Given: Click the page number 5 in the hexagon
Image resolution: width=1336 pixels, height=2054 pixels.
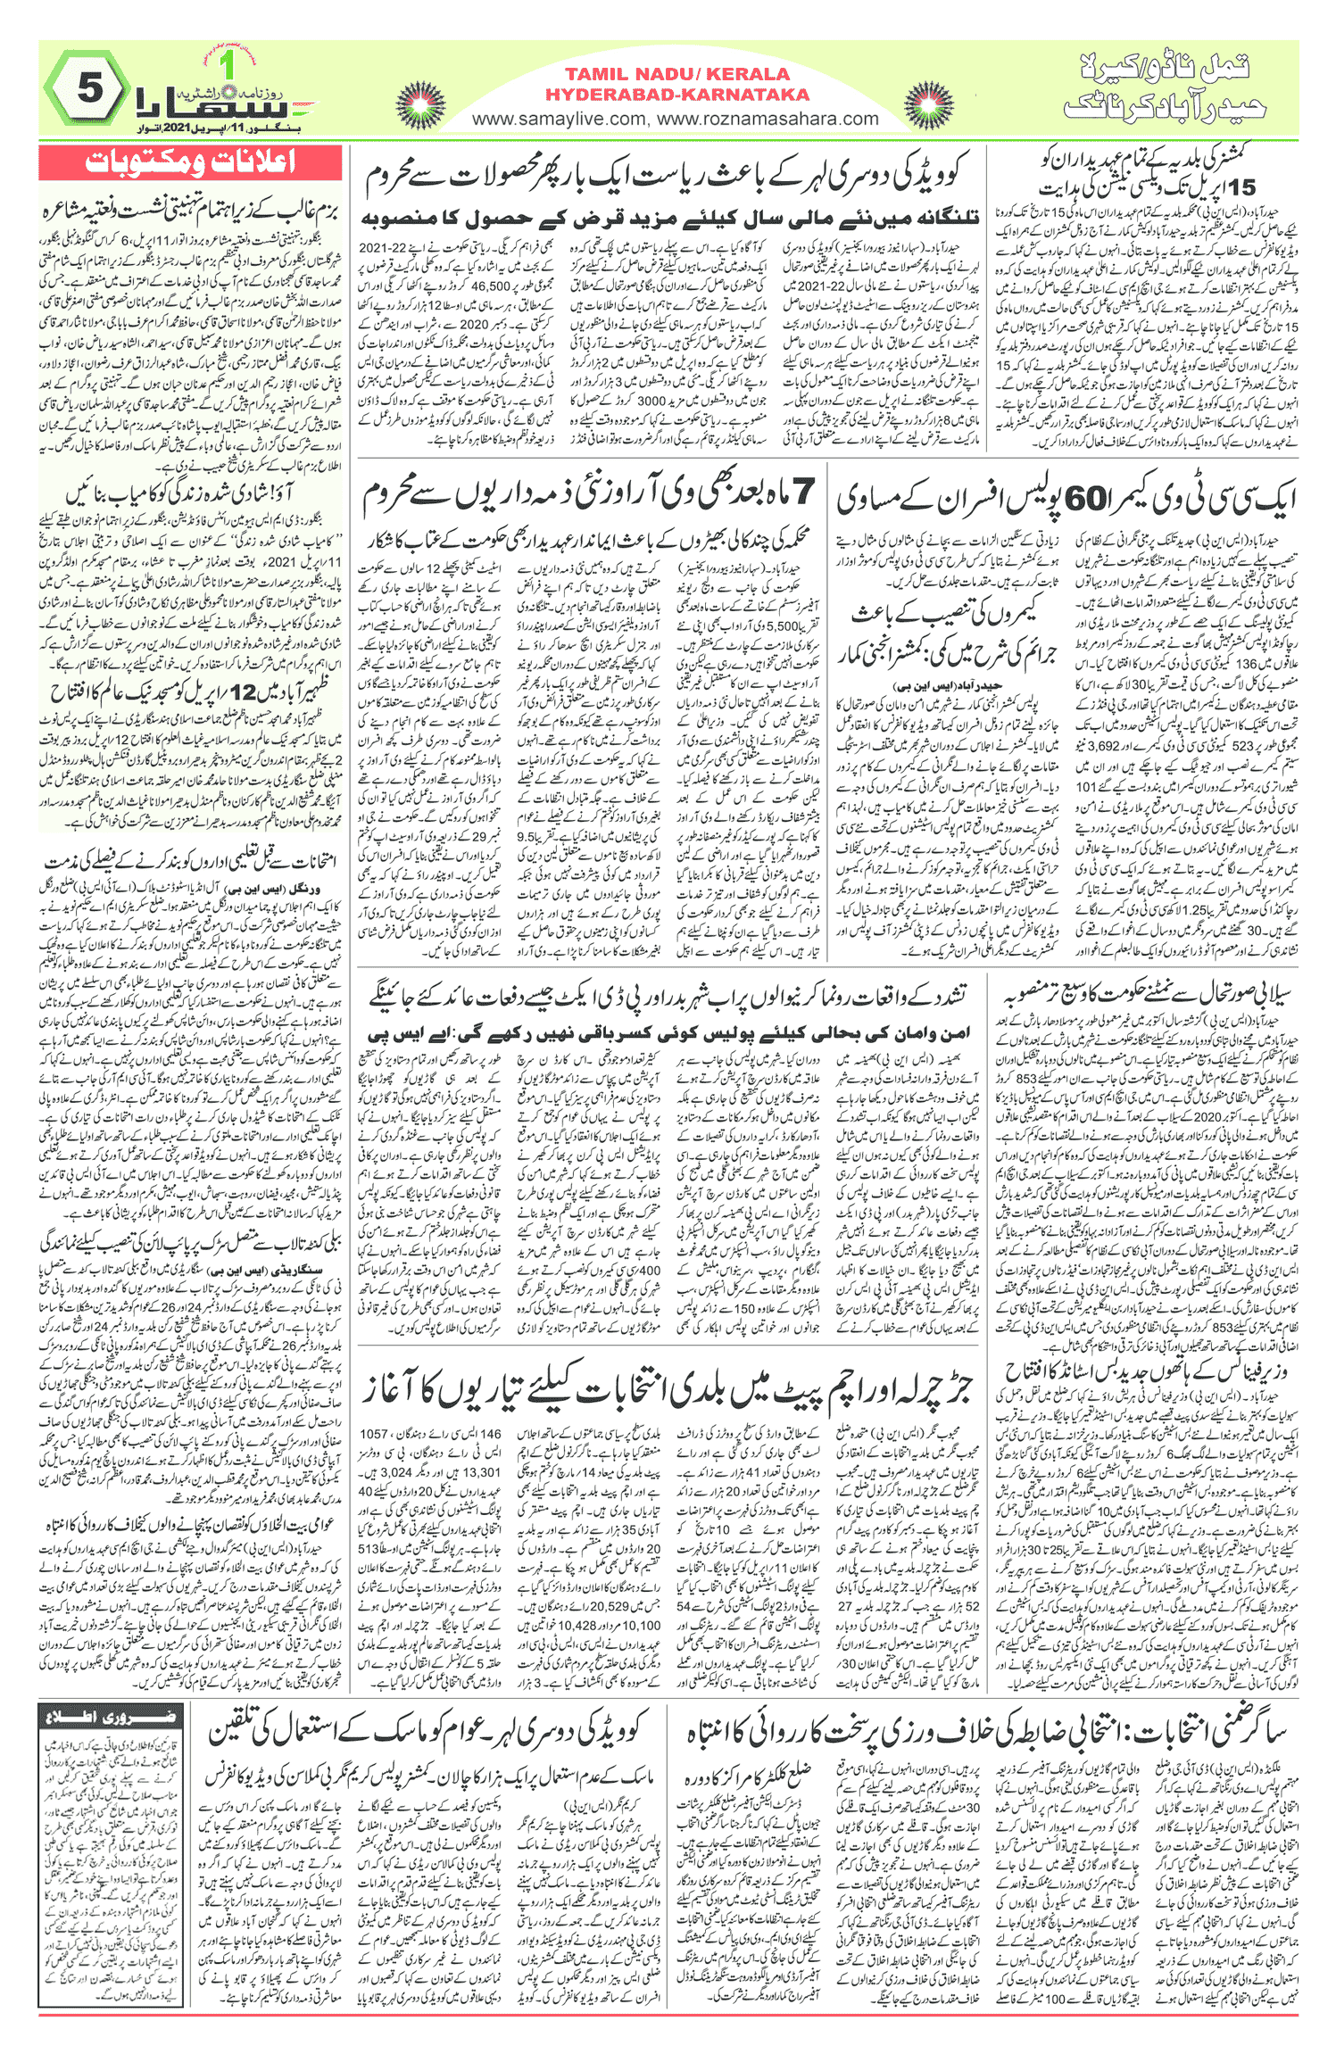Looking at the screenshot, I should [89, 89].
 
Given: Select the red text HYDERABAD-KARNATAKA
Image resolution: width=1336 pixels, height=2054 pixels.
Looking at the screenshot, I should [677, 95].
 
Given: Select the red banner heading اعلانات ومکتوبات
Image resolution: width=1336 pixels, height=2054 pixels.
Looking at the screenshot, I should [190, 162].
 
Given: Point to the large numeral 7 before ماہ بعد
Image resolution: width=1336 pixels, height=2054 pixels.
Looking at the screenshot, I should [801, 492].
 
